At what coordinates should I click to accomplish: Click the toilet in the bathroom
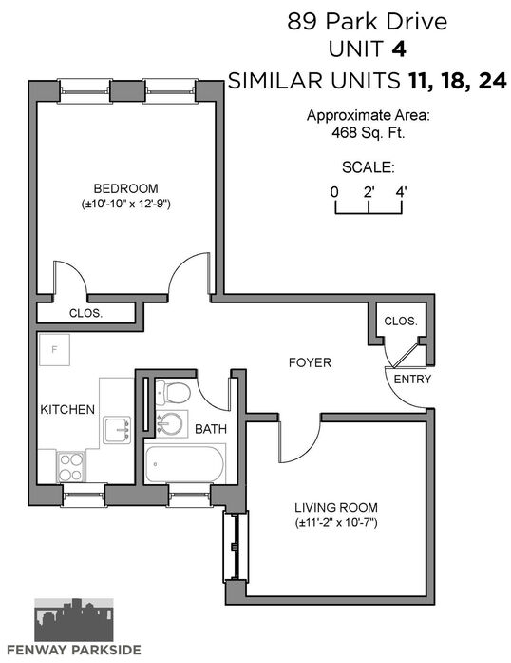(174, 393)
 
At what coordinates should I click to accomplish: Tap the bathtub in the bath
(184, 464)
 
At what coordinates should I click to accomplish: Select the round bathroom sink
(170, 423)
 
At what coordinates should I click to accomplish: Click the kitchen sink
(117, 430)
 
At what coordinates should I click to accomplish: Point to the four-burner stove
(70, 467)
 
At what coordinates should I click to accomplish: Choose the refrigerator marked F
(54, 349)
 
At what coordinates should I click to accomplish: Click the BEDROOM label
(125, 188)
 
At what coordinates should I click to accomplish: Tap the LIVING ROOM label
(336, 507)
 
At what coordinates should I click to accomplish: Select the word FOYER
(310, 362)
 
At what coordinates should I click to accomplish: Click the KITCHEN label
(67, 409)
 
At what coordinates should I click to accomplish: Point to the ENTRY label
(412, 379)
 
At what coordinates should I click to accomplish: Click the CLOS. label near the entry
(401, 321)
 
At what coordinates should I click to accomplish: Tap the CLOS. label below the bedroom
(85, 313)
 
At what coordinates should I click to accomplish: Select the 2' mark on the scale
(369, 192)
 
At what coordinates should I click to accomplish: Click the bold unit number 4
(399, 49)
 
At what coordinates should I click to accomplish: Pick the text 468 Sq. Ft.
(369, 133)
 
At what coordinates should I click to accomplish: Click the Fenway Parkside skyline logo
(74, 620)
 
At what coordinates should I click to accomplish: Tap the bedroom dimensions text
(125, 204)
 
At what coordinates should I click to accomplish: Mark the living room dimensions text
(336, 523)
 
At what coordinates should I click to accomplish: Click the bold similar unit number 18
(454, 81)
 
